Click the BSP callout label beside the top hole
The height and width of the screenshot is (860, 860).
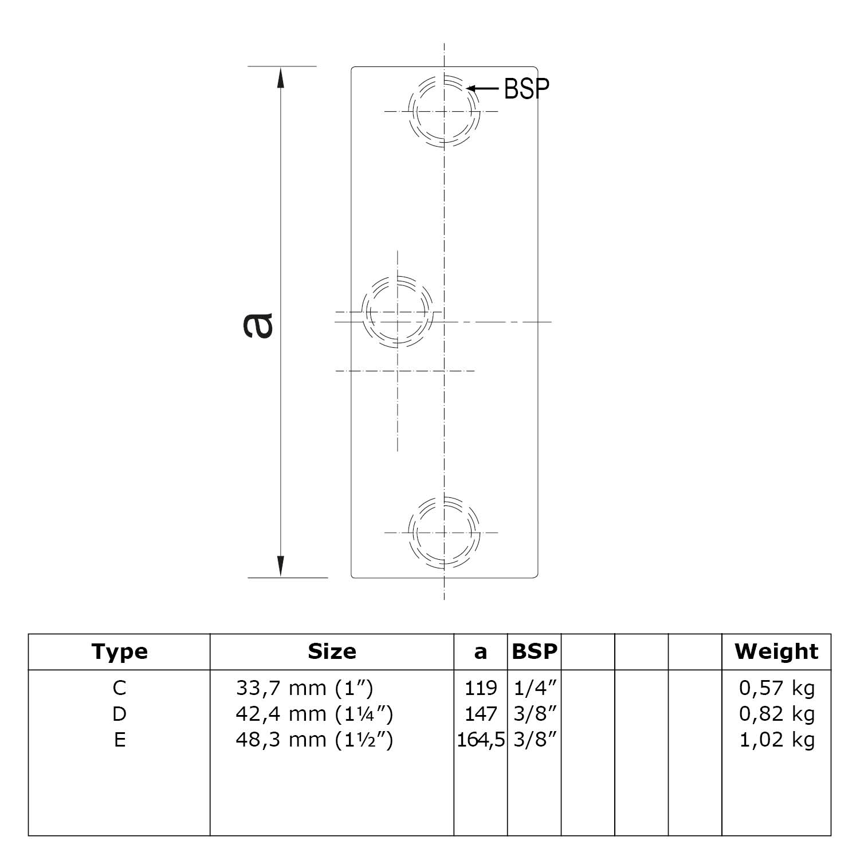[x=527, y=89]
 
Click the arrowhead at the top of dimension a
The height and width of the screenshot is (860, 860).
[x=281, y=77]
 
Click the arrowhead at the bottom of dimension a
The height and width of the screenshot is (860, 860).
[x=281, y=566]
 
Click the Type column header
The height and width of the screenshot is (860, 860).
[x=119, y=652]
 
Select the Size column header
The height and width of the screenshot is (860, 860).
[x=332, y=652]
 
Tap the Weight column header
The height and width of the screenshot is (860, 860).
[x=776, y=652]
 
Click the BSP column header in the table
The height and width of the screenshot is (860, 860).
[x=534, y=652]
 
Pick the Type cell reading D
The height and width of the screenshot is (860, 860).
[x=119, y=714]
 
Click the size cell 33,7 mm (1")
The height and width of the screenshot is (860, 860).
[x=304, y=688]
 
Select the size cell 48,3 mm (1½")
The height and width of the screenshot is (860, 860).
[x=314, y=740]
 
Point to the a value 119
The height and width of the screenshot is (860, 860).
[x=481, y=688]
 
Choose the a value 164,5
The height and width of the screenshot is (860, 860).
[x=481, y=740]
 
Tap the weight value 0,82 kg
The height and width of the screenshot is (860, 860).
[x=776, y=714]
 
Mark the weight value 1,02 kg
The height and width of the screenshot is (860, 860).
[x=776, y=740]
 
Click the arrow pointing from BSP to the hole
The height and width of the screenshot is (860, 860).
[x=483, y=88]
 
